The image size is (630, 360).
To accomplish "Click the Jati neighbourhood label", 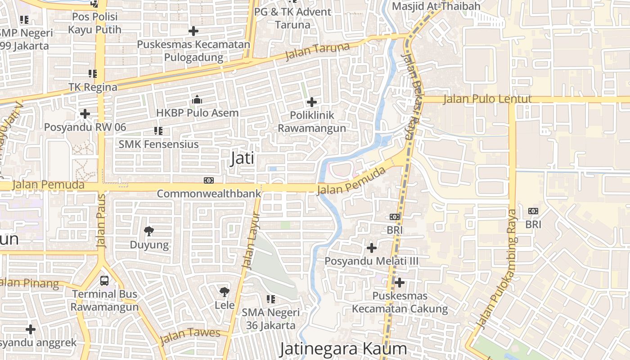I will [x=242, y=158].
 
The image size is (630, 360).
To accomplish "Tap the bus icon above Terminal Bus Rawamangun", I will [x=104, y=281].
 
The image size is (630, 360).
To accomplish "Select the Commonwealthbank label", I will [x=209, y=194].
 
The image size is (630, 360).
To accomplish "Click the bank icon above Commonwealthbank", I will [x=209, y=180].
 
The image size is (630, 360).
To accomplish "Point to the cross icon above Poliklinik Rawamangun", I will [x=311, y=102].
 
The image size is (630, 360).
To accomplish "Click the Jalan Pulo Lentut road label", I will [x=487, y=99].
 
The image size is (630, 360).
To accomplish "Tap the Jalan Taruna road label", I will [x=318, y=52].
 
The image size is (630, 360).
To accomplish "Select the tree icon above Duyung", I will [x=149, y=231].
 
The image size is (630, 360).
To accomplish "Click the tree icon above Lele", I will [x=224, y=292].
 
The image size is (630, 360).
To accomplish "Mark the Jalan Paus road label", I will [x=101, y=221].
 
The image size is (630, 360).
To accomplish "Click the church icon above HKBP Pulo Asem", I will [x=197, y=99].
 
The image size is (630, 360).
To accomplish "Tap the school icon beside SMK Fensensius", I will [x=158, y=131].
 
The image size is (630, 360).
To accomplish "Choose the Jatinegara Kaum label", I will [x=343, y=349].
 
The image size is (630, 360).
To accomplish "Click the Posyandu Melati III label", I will [x=372, y=261].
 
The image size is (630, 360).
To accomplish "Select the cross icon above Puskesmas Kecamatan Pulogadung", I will [x=193, y=31].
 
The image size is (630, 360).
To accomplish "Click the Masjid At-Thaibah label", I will [x=436, y=6].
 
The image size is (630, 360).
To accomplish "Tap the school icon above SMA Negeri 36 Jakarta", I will [x=270, y=299].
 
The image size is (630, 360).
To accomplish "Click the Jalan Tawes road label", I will [x=190, y=335].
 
